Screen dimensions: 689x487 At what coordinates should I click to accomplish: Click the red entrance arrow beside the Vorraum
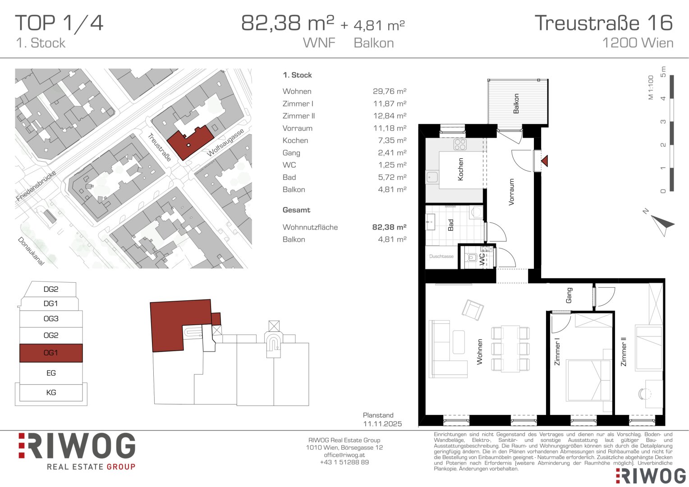pos(545,161)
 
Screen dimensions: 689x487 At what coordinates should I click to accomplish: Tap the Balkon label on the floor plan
pos(516,103)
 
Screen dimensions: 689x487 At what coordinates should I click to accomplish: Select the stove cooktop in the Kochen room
pos(460,144)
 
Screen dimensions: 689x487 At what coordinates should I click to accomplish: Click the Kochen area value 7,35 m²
pos(392,140)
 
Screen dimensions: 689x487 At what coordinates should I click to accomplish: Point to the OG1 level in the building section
pos(51,353)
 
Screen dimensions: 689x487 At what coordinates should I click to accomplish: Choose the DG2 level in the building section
pos(51,289)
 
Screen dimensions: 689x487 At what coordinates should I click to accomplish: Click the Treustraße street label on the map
pos(159,147)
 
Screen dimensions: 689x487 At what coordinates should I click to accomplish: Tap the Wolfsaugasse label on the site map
pos(225,142)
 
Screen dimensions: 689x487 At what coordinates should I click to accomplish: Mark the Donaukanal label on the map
pos(31,251)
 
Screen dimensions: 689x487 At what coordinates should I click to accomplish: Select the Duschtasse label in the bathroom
pos(441,256)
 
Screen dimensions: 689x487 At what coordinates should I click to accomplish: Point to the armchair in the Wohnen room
pos(473,310)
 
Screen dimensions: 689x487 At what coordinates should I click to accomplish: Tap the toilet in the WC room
pos(472,257)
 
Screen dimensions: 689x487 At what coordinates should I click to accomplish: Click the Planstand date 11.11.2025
pos(382,423)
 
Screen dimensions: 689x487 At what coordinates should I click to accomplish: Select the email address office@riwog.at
pos(344,455)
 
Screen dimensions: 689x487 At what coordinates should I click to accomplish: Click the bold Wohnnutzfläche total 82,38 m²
pos(389,227)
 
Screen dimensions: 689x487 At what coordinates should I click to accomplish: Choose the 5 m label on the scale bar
pos(663,71)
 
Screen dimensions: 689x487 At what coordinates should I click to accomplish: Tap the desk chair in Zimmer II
pos(643,394)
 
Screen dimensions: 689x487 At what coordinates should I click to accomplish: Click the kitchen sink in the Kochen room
pos(432,177)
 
